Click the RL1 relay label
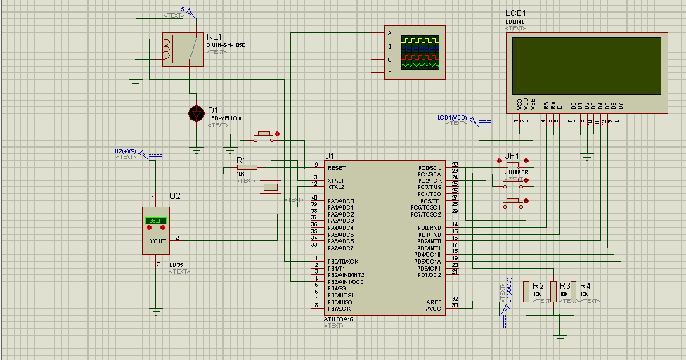click(x=214, y=37)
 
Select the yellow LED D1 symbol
click(x=196, y=112)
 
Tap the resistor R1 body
click(x=247, y=167)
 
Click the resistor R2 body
click(x=526, y=291)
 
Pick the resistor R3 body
click(x=553, y=291)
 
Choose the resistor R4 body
click(x=574, y=291)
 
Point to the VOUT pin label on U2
click(x=157, y=240)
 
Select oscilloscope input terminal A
click(x=389, y=32)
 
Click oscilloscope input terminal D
click(x=389, y=72)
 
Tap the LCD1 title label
click(x=515, y=13)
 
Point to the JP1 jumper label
click(x=512, y=155)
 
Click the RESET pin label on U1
click(x=337, y=167)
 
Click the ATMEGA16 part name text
click(x=337, y=319)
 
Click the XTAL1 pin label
click(x=335, y=181)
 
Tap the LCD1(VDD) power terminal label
click(x=452, y=117)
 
